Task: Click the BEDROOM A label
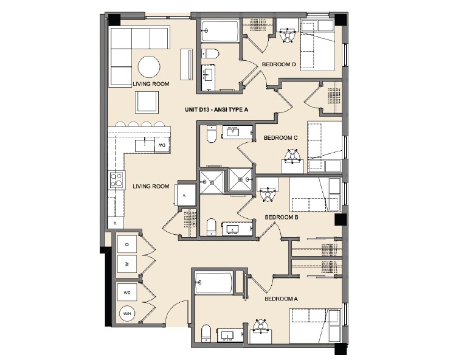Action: tap(281, 299)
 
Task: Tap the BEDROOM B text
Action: tap(281, 217)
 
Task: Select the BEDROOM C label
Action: tap(280, 138)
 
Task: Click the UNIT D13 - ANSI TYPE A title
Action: tap(217, 110)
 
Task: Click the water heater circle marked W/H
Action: tap(127, 314)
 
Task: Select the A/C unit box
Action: tap(127, 292)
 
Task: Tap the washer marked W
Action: tap(127, 263)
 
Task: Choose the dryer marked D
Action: tap(127, 244)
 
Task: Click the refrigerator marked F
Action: tap(185, 194)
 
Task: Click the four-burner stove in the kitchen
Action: tap(116, 179)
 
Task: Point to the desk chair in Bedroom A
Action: tap(261, 326)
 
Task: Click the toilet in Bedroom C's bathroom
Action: tap(211, 136)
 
